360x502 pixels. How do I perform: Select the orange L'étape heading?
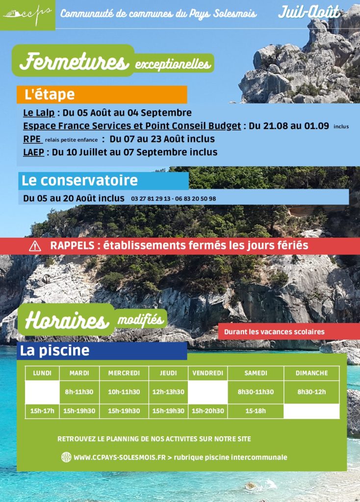[x=50, y=94]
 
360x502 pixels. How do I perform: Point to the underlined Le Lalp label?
[x=39, y=113]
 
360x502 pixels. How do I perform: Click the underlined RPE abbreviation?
[x=32, y=139]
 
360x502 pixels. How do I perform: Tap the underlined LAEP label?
[x=33, y=152]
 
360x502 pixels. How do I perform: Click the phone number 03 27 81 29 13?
[x=151, y=199]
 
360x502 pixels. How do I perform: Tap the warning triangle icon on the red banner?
[x=35, y=246]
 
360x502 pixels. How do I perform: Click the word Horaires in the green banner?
[x=66, y=321]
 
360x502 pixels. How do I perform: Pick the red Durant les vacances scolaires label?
[x=274, y=332]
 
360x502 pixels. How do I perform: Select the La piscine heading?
[x=55, y=351]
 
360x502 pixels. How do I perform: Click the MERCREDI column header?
[x=124, y=373]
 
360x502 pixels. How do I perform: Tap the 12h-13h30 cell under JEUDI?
[x=168, y=392]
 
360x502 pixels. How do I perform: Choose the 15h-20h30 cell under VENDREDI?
[x=207, y=411]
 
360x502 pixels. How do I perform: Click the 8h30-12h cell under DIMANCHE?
[x=311, y=392]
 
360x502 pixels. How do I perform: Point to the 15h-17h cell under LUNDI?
[x=42, y=411]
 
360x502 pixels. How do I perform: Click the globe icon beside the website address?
[x=66, y=457]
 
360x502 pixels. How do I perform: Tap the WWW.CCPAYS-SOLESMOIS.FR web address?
[x=120, y=457]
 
